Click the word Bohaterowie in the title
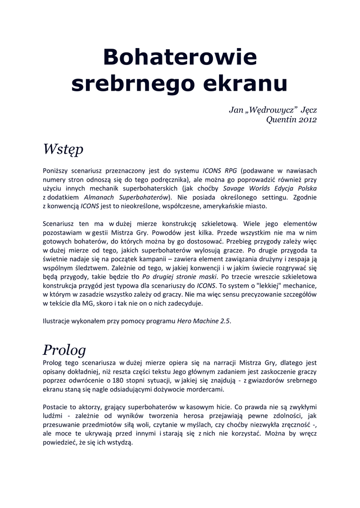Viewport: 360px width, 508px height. pos(180,58)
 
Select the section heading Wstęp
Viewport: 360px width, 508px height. pos(63,149)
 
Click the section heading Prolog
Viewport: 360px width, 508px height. pos(64,350)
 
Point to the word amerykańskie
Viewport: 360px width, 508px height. pos(222,206)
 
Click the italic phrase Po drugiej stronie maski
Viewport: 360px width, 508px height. pos(180,276)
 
